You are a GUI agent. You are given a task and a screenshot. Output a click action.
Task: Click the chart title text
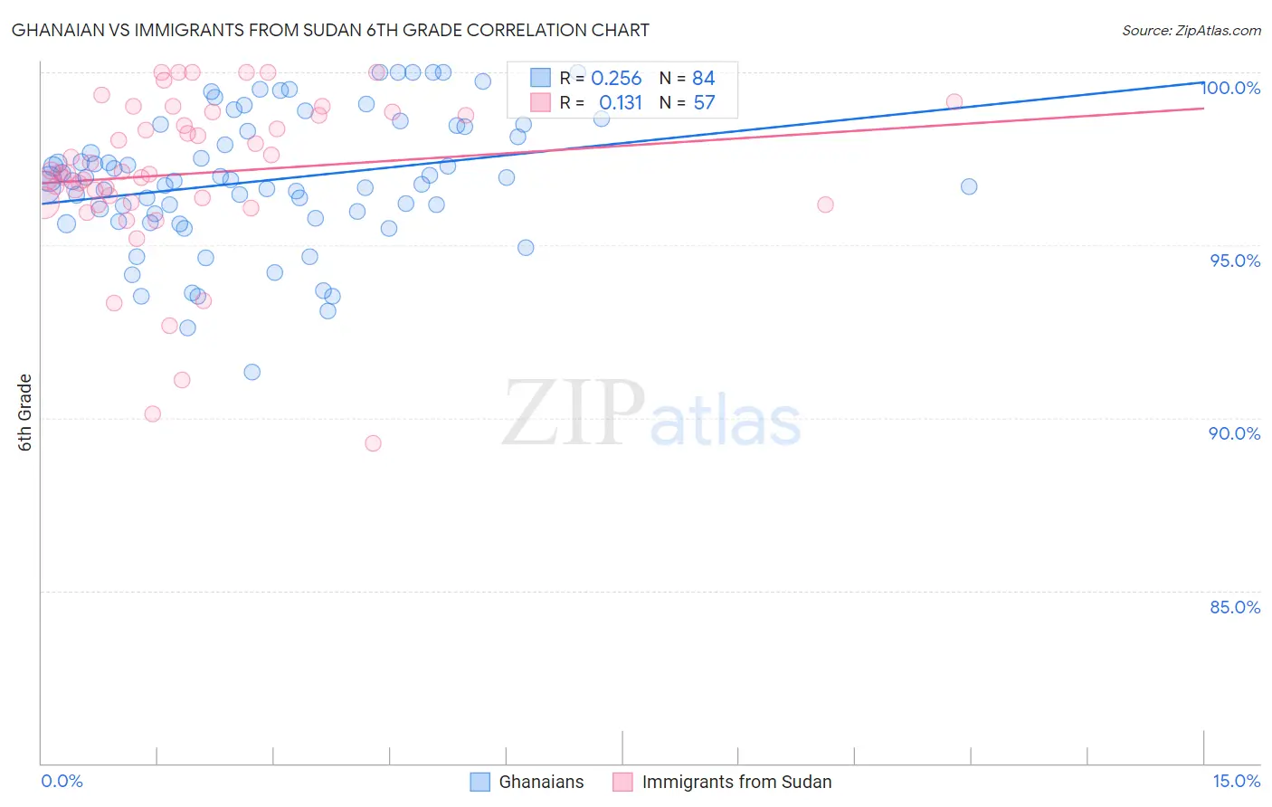click(330, 30)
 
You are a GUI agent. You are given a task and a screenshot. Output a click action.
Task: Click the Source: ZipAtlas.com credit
click(1191, 30)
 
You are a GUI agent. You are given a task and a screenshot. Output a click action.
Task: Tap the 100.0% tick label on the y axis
click(1231, 88)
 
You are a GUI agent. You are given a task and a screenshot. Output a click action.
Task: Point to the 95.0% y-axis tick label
click(1235, 261)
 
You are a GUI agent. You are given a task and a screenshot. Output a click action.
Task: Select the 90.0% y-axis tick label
click(1235, 433)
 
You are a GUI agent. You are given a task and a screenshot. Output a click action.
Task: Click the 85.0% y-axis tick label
click(1235, 607)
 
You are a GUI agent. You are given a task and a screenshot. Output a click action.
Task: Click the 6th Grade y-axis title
click(25, 413)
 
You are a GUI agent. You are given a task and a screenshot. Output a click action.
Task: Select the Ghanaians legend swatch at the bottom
click(480, 782)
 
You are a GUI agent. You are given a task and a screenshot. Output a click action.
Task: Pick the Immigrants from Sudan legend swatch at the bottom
click(622, 782)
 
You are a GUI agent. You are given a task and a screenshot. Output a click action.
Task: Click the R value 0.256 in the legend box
click(616, 79)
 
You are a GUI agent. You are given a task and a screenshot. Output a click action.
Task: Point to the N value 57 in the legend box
click(704, 103)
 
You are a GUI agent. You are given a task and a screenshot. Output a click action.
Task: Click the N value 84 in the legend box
click(704, 79)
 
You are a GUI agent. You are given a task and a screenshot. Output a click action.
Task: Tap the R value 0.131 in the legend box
click(620, 103)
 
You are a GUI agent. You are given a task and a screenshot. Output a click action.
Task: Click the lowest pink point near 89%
click(373, 443)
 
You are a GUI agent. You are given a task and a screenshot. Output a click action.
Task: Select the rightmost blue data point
click(969, 186)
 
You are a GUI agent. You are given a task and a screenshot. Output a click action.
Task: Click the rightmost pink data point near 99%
click(954, 101)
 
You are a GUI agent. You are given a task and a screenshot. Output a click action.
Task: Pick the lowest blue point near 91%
click(252, 372)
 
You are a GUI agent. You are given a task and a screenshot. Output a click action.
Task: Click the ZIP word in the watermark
click(573, 413)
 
